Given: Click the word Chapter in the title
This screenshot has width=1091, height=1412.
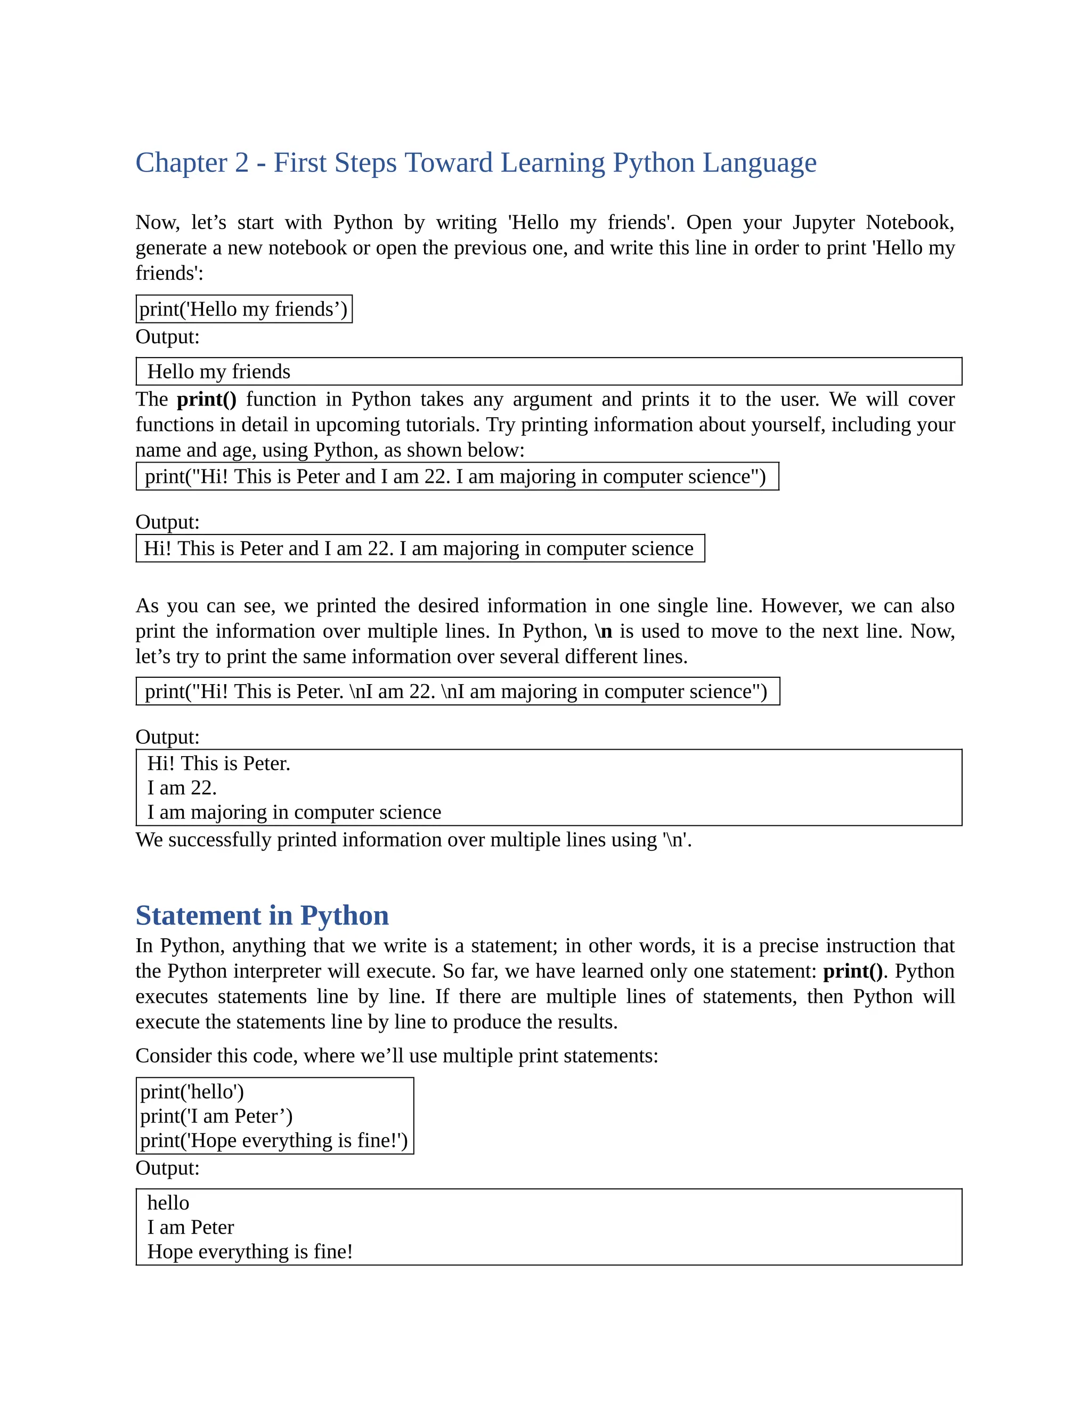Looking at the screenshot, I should [181, 163].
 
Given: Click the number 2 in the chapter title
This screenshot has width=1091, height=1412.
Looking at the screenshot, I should [242, 163].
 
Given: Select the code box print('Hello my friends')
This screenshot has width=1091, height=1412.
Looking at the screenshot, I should [243, 309].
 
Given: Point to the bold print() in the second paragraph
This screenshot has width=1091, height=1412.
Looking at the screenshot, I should [206, 400].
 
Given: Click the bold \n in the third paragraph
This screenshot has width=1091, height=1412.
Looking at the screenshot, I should [603, 631].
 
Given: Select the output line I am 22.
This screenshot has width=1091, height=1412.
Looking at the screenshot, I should [182, 788].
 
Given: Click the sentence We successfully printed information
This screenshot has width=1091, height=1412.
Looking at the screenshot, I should [413, 840].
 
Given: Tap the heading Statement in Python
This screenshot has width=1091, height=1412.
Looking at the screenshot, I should [262, 915].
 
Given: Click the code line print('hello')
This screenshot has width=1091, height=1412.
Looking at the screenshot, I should [192, 1092].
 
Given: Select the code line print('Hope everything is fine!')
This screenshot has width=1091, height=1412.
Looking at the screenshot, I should [273, 1140].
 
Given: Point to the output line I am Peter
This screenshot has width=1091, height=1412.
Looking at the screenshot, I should [191, 1227].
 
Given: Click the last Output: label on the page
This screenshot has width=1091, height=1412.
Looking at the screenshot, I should [167, 1168].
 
